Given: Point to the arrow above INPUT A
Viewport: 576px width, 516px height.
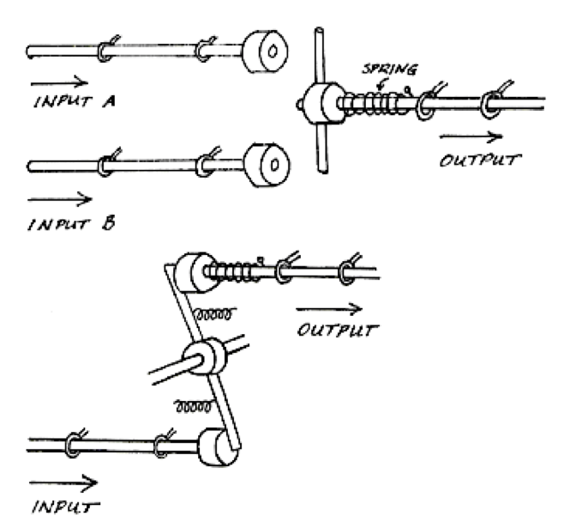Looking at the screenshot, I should point(58,83).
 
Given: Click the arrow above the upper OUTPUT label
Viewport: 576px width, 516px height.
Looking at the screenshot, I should point(469,137).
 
